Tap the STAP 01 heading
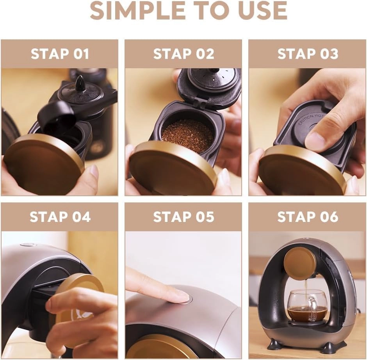click(x=60, y=54)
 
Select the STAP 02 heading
click(x=183, y=54)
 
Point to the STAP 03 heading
click(x=308, y=54)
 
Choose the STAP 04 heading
click(x=60, y=217)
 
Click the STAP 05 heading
click(x=183, y=217)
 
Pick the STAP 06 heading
click(x=308, y=217)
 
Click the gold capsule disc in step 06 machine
click(x=300, y=263)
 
